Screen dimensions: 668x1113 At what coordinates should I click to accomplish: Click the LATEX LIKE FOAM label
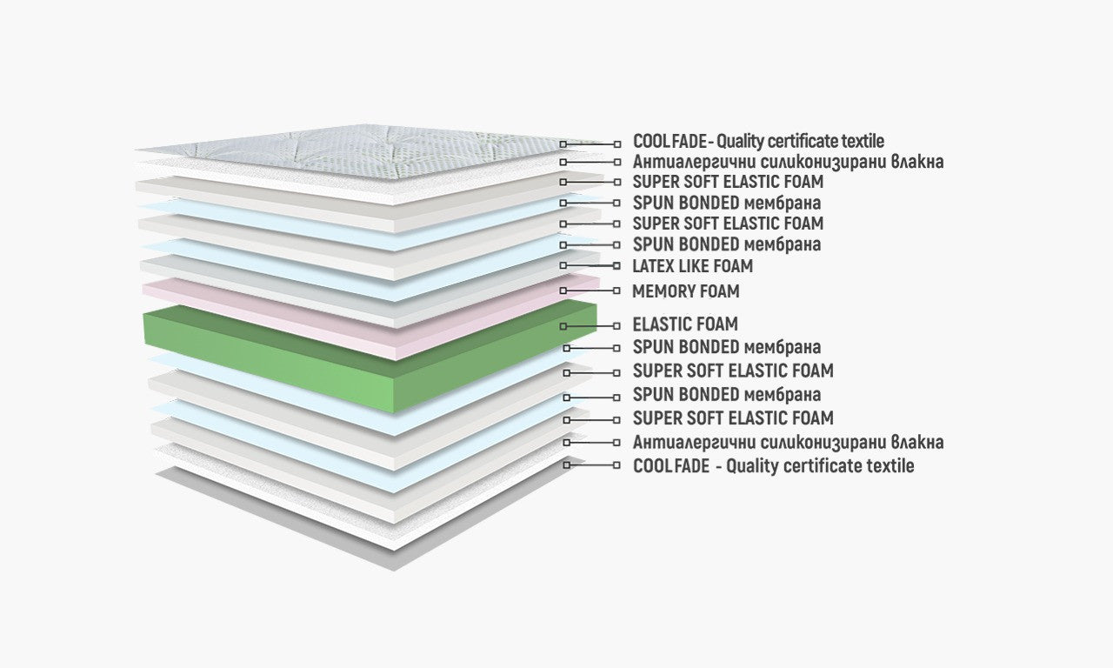692,266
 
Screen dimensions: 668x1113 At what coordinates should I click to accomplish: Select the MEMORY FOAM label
685,291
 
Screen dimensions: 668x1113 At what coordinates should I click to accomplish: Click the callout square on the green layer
563,326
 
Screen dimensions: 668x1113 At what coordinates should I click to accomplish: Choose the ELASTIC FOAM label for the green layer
685,324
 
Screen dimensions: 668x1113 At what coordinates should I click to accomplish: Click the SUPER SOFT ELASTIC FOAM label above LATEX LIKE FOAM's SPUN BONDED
728,224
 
